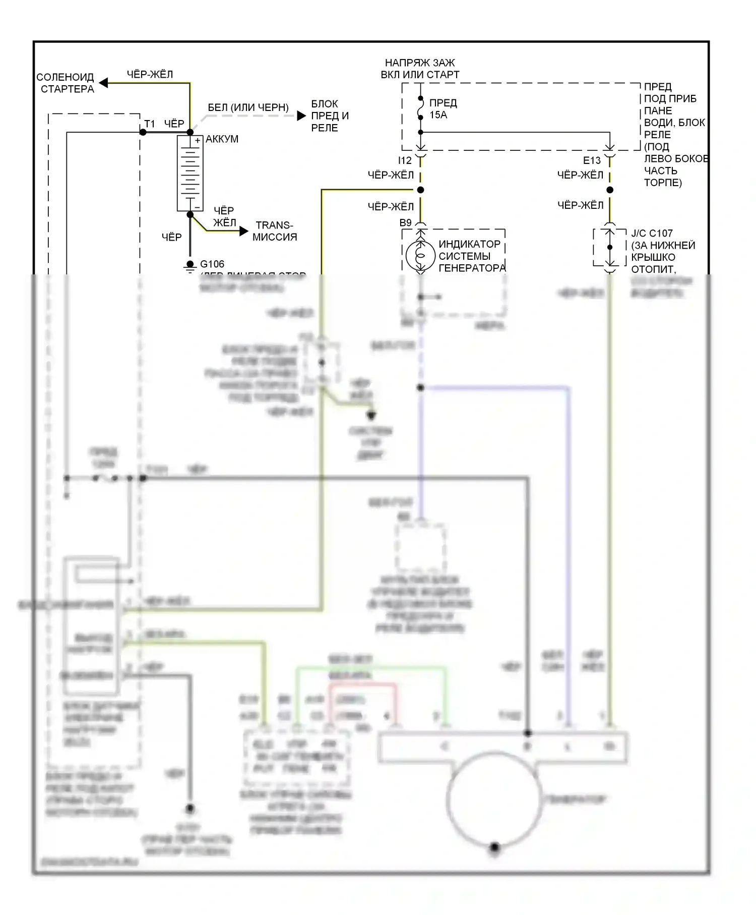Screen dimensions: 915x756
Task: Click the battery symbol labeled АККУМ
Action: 190,173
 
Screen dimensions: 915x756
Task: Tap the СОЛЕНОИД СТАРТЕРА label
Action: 66,83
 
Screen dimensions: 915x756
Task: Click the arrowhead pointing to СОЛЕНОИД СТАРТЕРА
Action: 103,83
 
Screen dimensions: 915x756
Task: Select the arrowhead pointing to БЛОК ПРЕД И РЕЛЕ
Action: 301,116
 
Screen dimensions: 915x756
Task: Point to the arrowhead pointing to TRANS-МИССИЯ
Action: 244,232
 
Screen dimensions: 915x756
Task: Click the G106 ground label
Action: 212,264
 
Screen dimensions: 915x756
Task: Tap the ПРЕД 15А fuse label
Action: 443,109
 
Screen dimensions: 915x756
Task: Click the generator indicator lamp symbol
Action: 420,256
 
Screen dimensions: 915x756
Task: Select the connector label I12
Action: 405,161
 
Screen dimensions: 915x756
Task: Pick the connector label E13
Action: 592,161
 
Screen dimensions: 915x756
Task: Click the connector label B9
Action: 405,223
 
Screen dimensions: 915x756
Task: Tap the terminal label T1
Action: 150,124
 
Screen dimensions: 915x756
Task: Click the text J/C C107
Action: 652,234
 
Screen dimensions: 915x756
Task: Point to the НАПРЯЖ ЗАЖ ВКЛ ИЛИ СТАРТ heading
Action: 420,69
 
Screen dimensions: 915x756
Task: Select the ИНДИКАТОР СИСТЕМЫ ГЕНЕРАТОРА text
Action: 472,256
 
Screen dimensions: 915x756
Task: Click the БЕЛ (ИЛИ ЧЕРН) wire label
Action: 248,108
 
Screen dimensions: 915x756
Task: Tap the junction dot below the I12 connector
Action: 420,190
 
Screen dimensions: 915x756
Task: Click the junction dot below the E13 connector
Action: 610,190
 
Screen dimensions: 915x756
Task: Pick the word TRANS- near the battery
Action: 274,225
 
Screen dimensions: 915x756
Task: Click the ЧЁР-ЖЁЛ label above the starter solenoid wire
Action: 150,75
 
